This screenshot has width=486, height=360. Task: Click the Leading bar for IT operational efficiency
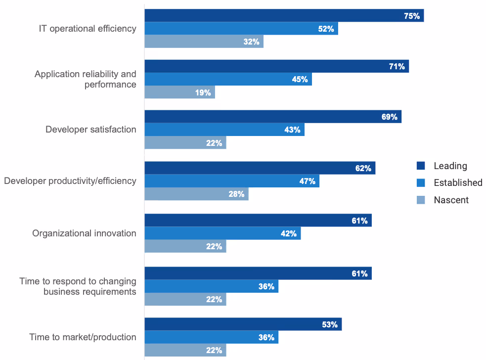[284, 16]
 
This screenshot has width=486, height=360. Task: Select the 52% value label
[326, 29]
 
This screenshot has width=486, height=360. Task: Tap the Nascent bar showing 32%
[204, 42]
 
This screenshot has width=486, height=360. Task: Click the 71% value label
[397, 66]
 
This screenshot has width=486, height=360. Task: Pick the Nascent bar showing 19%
[179, 92]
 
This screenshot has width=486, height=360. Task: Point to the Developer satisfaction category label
[90, 130]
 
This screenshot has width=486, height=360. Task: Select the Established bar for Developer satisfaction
[224, 130]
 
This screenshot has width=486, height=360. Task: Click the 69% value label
[390, 117]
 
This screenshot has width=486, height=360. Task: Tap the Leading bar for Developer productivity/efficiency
[260, 168]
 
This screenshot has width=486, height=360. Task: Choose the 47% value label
[308, 181]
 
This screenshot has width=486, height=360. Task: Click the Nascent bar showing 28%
[196, 194]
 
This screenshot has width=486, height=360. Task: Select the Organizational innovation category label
[84, 233]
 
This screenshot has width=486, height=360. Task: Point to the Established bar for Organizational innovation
[222, 233]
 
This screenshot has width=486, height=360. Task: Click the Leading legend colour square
[421, 166]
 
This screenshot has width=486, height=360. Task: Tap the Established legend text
[458, 182]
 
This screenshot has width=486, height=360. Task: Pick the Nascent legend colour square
[421, 200]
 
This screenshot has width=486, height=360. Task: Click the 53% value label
[330, 324]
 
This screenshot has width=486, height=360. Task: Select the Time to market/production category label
[83, 337]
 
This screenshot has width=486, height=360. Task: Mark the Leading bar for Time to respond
[258, 273]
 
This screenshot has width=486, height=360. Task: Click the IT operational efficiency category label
[88, 29]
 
